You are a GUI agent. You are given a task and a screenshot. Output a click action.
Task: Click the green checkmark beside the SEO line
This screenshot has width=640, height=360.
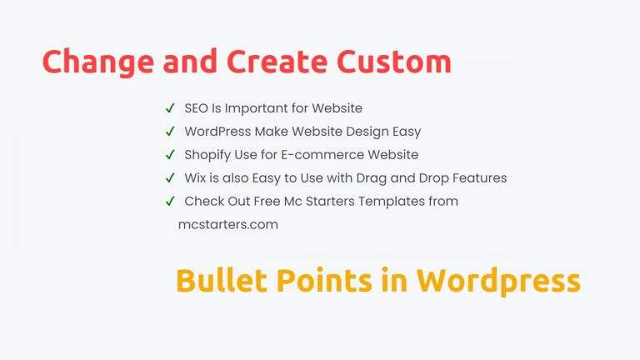point(170,108)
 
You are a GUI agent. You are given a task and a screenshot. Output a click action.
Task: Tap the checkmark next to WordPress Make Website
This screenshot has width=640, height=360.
point(170,132)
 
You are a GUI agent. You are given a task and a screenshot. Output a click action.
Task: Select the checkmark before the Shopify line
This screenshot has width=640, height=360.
point(170,155)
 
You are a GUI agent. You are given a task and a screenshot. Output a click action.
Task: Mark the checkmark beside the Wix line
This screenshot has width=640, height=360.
point(170,178)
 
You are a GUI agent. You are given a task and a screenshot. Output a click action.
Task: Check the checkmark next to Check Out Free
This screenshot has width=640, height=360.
point(170,202)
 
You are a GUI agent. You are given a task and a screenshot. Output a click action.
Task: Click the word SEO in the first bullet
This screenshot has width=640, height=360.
point(198,108)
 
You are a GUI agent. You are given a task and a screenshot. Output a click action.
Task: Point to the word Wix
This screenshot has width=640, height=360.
point(194,178)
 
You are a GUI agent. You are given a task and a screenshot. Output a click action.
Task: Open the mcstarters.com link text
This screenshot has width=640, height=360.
point(227,225)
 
